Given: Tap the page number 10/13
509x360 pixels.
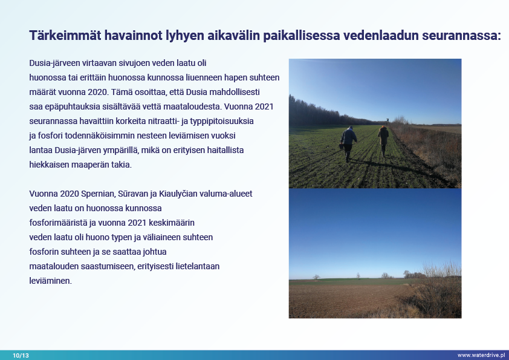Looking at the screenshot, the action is (x=21, y=355).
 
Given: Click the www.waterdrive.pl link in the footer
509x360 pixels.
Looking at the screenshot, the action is (x=481, y=355).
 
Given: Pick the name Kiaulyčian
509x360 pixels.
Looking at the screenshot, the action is (x=178, y=194).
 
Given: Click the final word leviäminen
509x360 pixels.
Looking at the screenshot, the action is (x=50, y=281).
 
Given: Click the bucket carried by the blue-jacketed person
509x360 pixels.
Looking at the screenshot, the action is (x=342, y=146).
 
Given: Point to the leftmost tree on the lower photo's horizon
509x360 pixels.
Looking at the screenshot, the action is (x=316, y=277).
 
